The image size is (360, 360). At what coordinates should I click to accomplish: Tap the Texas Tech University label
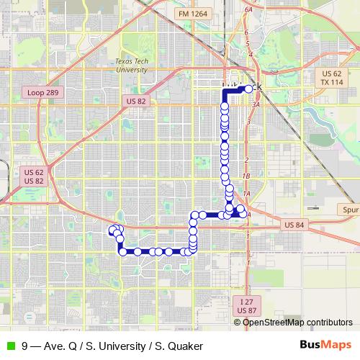pyautogui.click(x=130, y=66)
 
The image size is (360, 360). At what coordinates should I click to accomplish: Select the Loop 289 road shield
pyautogui.click(x=45, y=93)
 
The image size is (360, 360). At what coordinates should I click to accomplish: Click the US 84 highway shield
pyautogui.click(x=294, y=225)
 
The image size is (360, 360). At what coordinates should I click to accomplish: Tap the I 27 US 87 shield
pyautogui.click(x=246, y=306)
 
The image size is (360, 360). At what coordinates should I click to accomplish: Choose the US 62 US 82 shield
pyautogui.click(x=34, y=176)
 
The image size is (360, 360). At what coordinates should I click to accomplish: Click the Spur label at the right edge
pyautogui.click(x=349, y=210)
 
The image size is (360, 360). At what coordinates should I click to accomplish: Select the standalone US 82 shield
pyautogui.click(x=135, y=102)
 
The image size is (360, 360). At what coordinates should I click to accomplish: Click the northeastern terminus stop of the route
pyautogui.click(x=250, y=89)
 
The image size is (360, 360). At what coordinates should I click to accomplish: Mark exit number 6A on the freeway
pyautogui.click(x=249, y=9)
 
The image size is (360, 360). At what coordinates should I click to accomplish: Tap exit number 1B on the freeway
pyautogui.click(x=246, y=176)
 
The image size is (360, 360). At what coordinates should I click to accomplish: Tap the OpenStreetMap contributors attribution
pyautogui.click(x=297, y=322)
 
